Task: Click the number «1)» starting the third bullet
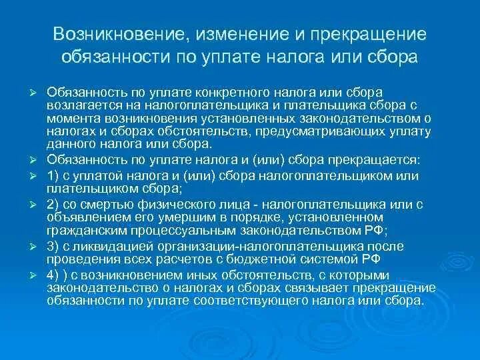point(53,176)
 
